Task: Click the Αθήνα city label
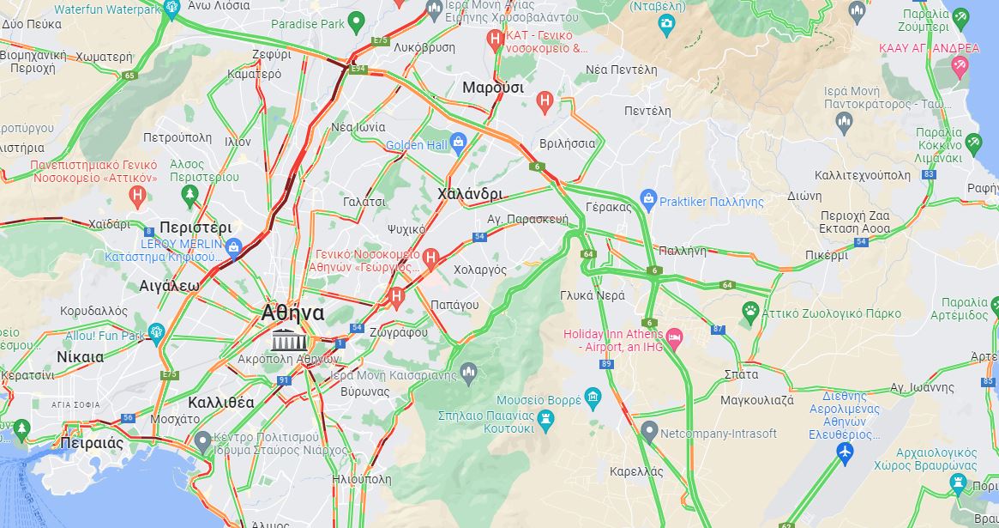(292, 313)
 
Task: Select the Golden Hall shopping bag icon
(457, 142)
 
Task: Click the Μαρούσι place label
(492, 88)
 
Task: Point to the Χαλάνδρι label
(469, 194)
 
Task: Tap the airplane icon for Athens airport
(846, 452)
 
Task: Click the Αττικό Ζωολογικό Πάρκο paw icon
(751, 310)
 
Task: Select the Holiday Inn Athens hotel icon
(674, 335)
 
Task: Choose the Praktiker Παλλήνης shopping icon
(648, 200)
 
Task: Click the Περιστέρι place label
(196, 228)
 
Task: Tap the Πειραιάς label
(92, 444)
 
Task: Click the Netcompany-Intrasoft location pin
(649, 432)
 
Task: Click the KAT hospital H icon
(495, 39)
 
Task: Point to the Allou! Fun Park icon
(156, 331)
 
